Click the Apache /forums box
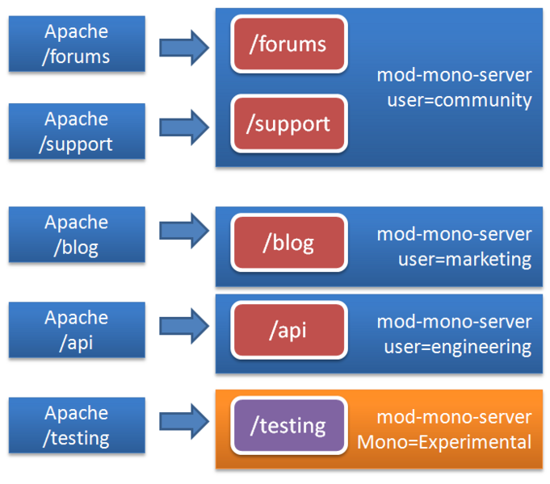tap(77, 44)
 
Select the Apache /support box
tap(77, 131)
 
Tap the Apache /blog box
tap(77, 235)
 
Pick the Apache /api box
tap(77, 330)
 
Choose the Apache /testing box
tap(77, 425)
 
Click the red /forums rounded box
tap(289, 44)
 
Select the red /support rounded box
tap(289, 123)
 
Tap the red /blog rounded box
tap(289, 243)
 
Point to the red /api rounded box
tap(289, 330)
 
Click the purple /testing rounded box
tap(289, 425)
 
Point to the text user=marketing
tap(464, 260)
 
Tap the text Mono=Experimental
tap(444, 442)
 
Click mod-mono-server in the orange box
tap(454, 417)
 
